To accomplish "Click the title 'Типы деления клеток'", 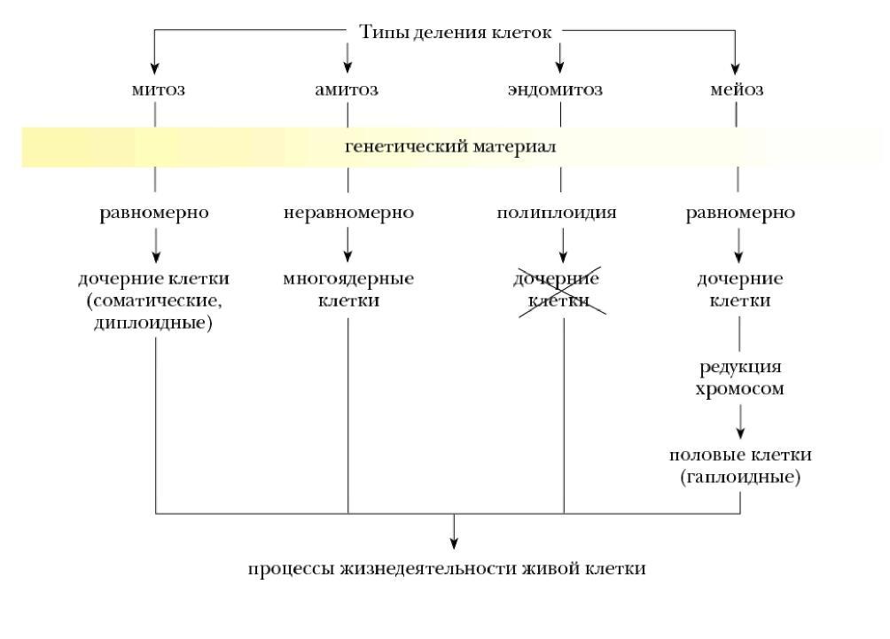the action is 456,32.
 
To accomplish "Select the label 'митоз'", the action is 158,90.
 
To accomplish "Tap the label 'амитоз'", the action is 347,90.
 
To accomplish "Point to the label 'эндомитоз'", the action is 555,90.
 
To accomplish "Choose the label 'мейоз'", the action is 737,90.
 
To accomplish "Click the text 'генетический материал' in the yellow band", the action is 450,146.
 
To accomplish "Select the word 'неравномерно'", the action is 348,213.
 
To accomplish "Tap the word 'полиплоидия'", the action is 557,213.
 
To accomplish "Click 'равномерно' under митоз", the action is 154,213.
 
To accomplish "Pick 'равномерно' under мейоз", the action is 740,213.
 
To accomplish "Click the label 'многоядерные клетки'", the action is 348,290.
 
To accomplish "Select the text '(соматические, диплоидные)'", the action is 154,311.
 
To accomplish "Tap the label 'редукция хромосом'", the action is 739,378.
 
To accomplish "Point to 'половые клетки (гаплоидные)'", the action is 740,465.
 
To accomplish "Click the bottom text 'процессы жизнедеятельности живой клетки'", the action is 447,569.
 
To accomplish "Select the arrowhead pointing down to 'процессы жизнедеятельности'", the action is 454,543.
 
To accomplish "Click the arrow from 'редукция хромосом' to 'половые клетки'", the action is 740,422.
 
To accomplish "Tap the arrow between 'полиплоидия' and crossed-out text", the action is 563,245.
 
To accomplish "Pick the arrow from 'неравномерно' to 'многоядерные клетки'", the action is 348,245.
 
